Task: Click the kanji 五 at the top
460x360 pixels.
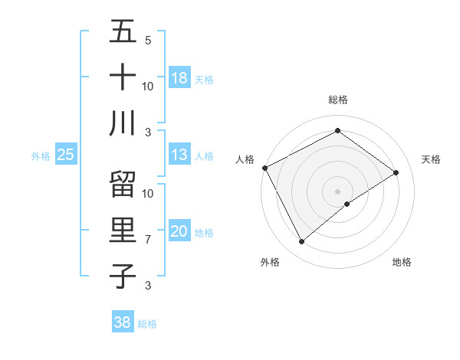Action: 122,32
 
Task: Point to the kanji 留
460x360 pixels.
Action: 122,185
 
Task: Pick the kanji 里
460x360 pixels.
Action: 122,231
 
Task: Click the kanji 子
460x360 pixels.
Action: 122,276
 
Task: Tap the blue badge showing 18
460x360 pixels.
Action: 179,78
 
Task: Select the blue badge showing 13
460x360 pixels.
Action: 179,155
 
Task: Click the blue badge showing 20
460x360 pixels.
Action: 179,231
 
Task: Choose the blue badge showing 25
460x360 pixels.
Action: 65,155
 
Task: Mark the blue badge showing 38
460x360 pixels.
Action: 122,322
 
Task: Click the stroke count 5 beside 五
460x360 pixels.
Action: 147,41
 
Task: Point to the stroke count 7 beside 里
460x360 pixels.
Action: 147,240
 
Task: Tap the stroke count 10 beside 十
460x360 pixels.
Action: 148,86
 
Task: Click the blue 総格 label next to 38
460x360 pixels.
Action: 147,324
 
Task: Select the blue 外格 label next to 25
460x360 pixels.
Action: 41,156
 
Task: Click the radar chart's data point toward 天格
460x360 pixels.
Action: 396,172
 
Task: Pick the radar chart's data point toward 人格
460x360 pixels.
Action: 264,168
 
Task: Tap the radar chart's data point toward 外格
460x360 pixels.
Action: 301,242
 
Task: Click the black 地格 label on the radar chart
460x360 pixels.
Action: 402,262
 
